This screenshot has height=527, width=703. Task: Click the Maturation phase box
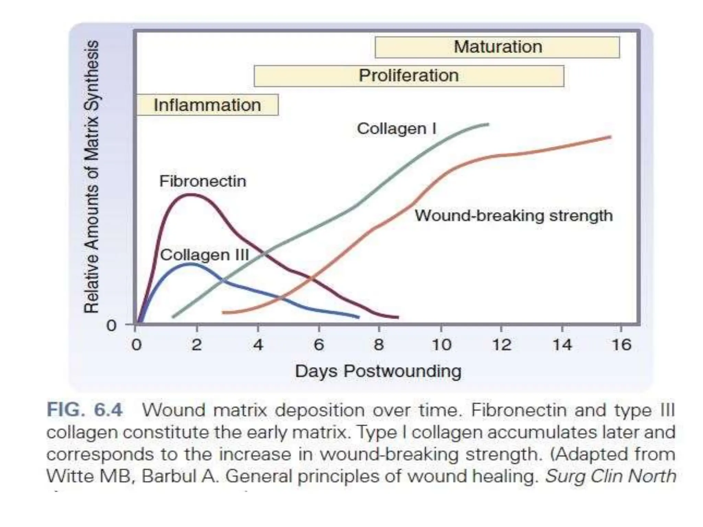(x=497, y=47)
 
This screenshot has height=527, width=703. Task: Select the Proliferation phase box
(x=408, y=76)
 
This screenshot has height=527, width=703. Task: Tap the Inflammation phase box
(x=207, y=105)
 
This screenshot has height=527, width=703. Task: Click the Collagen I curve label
(x=396, y=129)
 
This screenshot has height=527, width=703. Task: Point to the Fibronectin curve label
(x=203, y=181)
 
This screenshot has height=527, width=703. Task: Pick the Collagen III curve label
(x=204, y=255)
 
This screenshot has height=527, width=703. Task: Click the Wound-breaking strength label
(x=514, y=216)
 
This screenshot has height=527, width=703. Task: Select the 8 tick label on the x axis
(x=379, y=344)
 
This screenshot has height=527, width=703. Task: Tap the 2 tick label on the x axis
(x=196, y=344)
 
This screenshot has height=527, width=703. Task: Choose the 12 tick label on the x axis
(x=502, y=344)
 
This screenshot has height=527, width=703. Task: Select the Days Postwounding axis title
(x=378, y=371)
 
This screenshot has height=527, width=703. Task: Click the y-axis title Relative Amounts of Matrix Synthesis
(x=92, y=177)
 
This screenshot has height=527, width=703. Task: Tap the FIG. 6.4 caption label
(x=84, y=410)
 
